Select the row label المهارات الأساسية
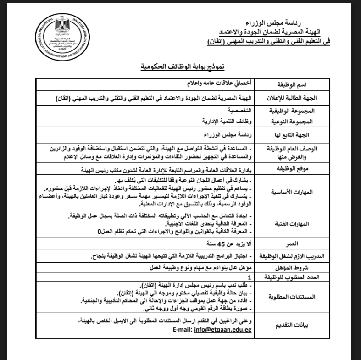(289, 191)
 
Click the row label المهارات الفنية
(289, 223)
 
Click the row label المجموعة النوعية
(289, 122)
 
